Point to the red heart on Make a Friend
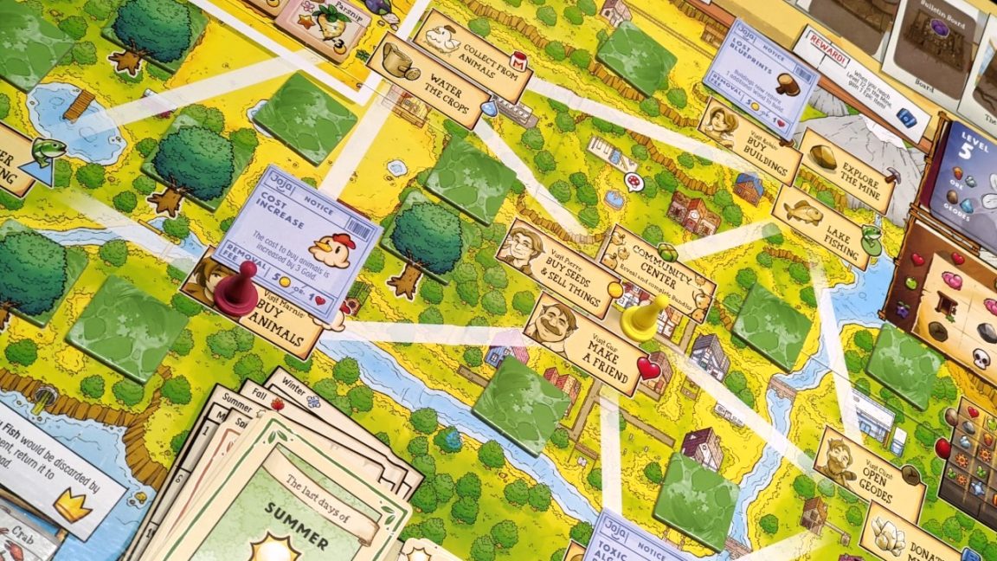[648, 369]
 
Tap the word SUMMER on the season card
[297, 530]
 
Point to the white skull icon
[981, 358]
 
